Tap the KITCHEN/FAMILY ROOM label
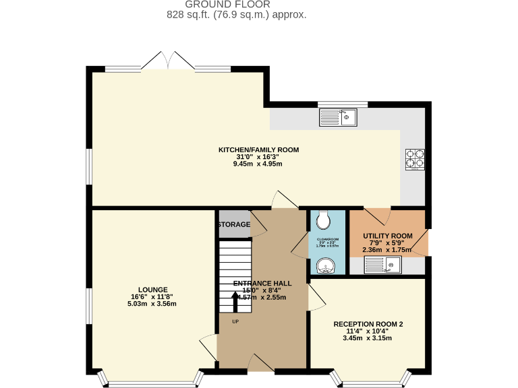258,150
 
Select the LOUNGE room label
154,290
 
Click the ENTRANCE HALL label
262,284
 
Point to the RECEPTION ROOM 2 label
368,324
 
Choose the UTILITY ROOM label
387,236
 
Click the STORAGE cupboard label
234,224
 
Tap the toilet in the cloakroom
323,220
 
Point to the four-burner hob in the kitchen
415,158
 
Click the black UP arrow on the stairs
235,301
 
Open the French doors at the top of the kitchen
168,61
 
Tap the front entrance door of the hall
260,364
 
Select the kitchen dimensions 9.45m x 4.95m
258,164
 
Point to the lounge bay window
150,380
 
